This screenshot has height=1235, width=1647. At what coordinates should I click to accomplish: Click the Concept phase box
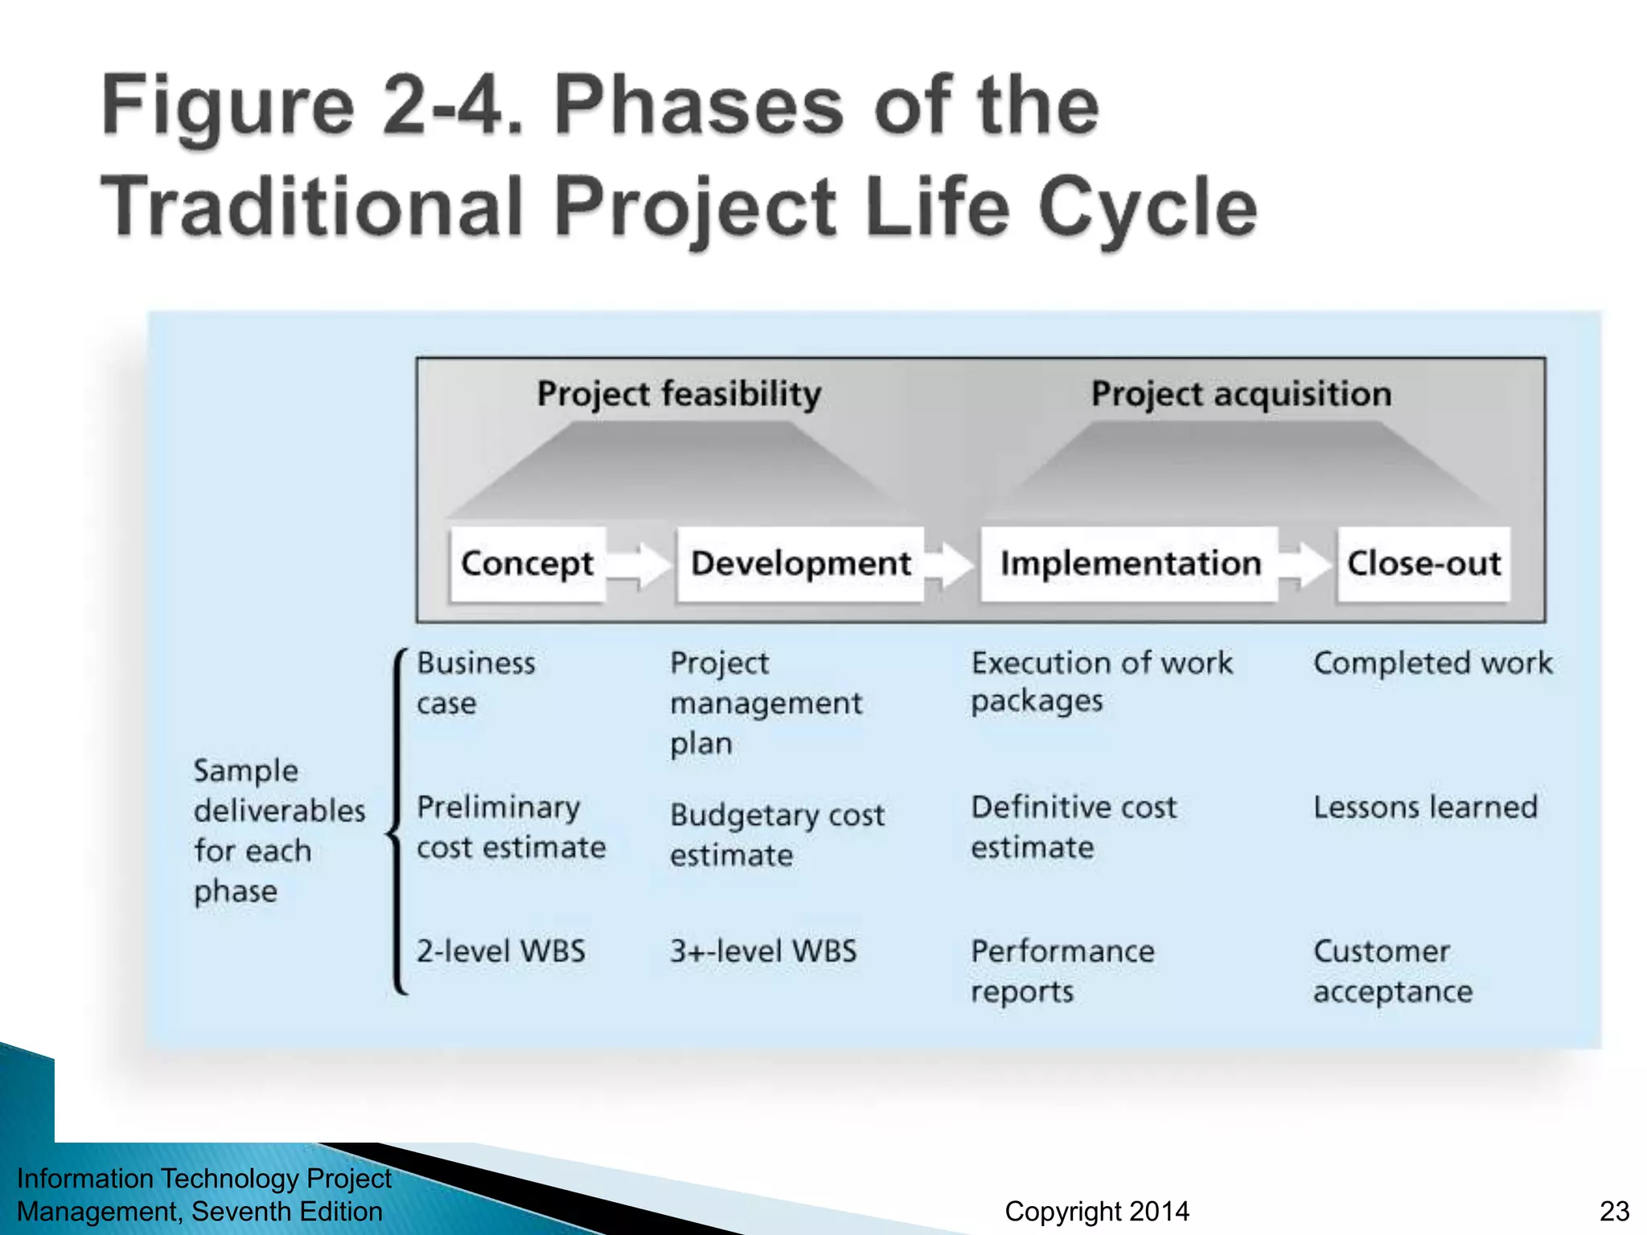(528, 564)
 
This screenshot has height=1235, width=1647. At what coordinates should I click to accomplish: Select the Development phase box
(800, 564)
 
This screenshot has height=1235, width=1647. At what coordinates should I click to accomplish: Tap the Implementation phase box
(1129, 564)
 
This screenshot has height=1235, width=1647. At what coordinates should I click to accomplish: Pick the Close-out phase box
(1423, 564)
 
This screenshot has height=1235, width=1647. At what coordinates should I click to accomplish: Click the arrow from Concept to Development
(640, 564)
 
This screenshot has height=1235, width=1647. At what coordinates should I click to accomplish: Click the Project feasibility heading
(679, 394)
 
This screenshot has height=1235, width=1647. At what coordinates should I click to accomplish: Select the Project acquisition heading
(1240, 394)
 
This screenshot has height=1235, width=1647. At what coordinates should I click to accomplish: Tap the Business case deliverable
(475, 683)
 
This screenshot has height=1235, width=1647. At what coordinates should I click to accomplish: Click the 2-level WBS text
(500, 951)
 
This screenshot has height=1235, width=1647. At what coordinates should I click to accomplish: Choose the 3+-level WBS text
(763, 951)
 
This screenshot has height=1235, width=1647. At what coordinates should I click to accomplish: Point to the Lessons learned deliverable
(1425, 807)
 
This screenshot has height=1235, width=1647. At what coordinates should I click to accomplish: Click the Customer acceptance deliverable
(1393, 971)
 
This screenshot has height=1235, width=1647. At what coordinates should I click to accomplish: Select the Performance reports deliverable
(1062, 971)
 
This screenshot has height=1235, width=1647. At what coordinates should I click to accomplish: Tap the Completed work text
(1432, 663)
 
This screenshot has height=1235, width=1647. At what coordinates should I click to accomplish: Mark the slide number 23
(1614, 1211)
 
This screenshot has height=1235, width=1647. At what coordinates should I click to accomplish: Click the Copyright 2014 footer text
(1097, 1211)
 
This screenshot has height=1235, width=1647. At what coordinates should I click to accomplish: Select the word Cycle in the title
(1148, 207)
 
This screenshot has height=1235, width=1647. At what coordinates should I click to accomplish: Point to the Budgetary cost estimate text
(777, 835)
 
